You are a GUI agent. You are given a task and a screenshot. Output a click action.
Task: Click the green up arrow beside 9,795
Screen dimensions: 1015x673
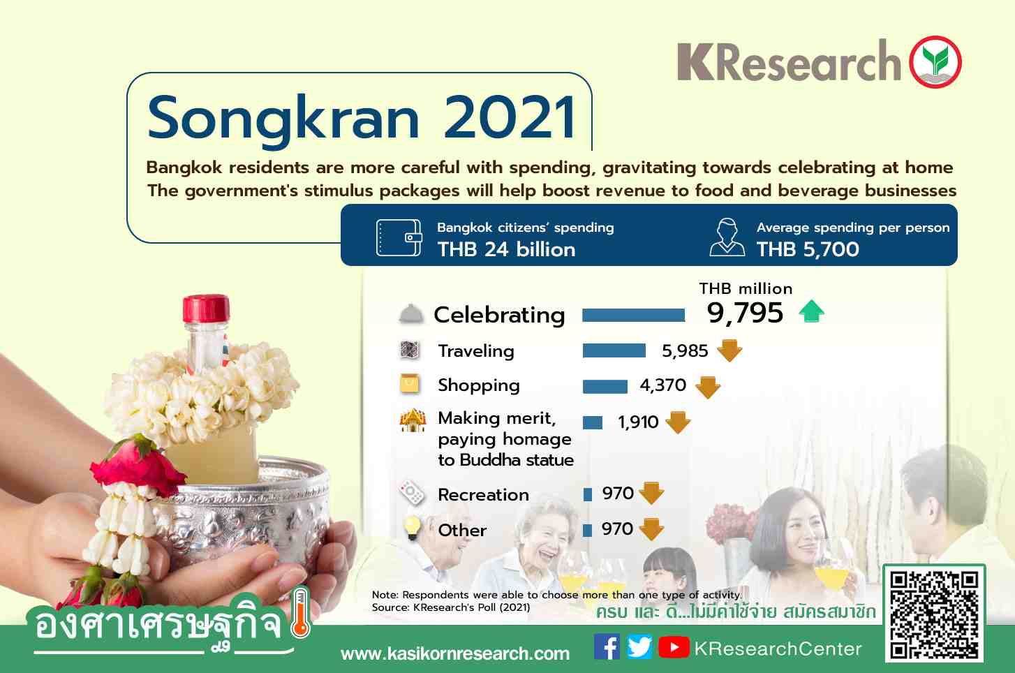(812, 311)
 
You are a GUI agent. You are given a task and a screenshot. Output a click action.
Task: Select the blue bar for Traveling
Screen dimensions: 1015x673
(614, 350)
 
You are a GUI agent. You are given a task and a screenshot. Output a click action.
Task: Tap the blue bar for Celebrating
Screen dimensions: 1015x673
(633, 315)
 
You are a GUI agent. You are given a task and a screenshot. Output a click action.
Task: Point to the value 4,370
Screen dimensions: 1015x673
(663, 385)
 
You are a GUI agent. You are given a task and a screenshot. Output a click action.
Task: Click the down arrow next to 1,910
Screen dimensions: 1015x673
(678, 422)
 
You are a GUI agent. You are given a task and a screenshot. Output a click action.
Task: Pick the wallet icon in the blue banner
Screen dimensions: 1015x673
(399, 237)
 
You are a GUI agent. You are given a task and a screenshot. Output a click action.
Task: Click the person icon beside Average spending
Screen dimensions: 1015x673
(727, 237)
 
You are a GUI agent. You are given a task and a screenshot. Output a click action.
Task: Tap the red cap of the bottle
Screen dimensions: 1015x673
(206, 309)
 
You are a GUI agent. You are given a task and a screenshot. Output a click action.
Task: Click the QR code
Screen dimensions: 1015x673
(934, 614)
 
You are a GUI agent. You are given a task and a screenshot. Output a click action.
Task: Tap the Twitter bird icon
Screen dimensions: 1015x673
(639, 646)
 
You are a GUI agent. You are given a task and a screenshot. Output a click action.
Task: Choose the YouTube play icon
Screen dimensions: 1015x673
(674, 647)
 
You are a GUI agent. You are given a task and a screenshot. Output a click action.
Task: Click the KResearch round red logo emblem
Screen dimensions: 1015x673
(935, 62)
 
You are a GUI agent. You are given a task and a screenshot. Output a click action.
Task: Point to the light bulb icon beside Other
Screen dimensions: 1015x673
(413, 528)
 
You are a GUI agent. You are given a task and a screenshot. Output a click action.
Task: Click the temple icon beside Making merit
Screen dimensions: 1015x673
(413, 420)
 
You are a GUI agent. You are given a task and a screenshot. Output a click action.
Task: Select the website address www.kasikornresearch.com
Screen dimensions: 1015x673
(455, 653)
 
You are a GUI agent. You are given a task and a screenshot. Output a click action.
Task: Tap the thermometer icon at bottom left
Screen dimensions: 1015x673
(300, 614)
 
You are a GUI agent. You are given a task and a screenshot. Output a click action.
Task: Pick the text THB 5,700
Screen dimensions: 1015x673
(808, 249)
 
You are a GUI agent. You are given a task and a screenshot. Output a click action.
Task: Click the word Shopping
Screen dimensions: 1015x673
(478, 386)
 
